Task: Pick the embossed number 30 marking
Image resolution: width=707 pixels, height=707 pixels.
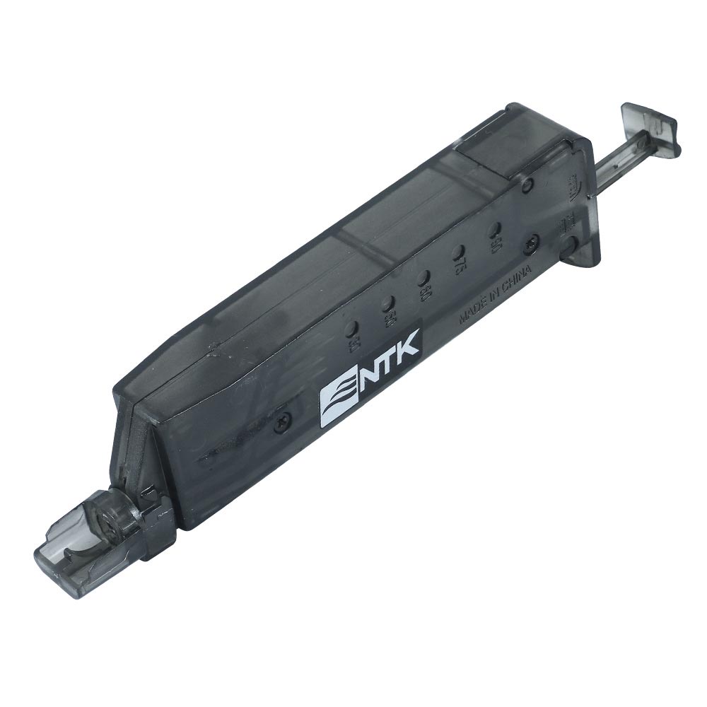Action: pyautogui.click(x=355, y=344)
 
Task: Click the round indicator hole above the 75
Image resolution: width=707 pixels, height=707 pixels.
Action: pyautogui.click(x=458, y=252)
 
